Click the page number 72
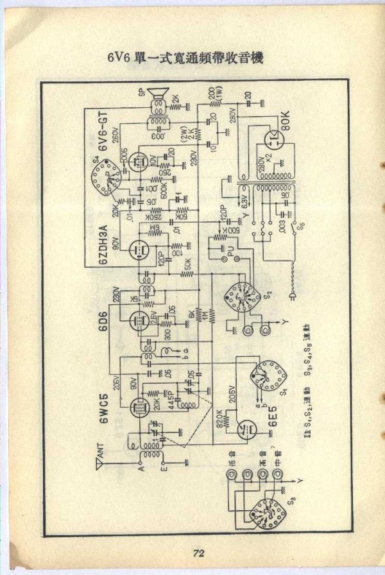click(197, 553)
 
